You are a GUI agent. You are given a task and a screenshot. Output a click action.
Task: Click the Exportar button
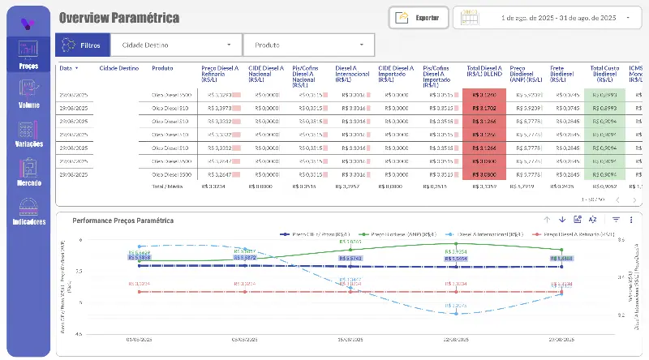tap(419, 17)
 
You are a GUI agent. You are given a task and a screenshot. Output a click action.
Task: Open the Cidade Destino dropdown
tap(176, 45)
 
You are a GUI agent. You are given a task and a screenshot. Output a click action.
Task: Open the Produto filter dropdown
tap(309, 45)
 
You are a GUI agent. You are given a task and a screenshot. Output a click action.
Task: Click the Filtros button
tap(82, 45)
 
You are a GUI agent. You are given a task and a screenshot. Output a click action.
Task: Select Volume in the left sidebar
tap(28, 95)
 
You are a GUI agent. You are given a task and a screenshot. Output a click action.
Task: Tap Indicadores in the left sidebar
tap(28, 210)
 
